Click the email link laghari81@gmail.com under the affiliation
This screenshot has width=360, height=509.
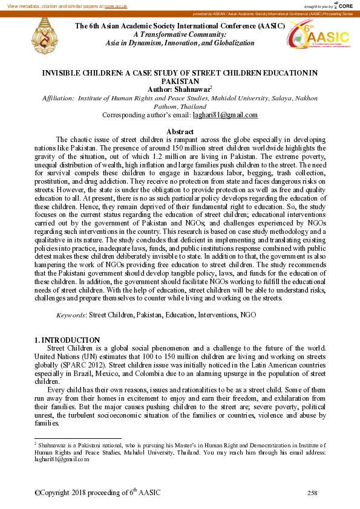coord(225,115)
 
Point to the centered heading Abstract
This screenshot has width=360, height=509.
coord(180,132)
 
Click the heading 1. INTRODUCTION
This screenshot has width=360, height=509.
coord(67,340)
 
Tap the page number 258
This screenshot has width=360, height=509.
coord(312,493)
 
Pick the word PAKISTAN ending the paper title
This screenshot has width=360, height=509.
coord(180,81)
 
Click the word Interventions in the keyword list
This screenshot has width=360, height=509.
coord(217,315)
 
